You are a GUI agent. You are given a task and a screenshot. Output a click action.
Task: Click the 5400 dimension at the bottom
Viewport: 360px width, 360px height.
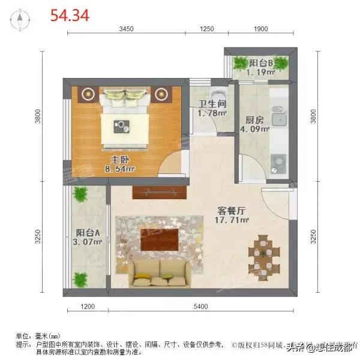[200, 307]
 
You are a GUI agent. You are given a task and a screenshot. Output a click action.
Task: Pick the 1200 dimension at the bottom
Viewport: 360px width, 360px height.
[88, 307]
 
